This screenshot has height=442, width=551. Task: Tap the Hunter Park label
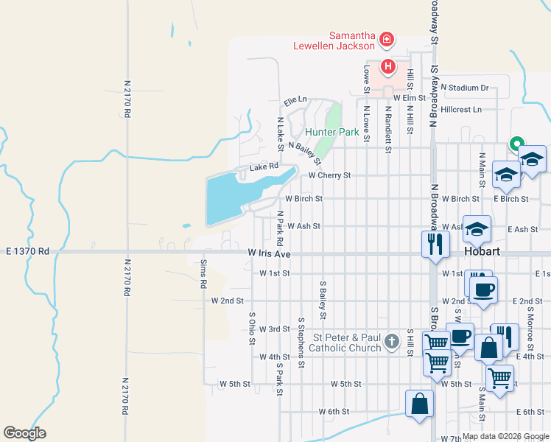[x=331, y=133]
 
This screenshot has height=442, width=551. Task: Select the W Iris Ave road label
[x=270, y=254]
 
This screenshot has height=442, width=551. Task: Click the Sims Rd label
[x=203, y=273]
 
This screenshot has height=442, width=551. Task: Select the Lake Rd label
[x=264, y=167]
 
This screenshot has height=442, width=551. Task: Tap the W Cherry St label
[x=329, y=176]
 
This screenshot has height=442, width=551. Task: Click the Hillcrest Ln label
[x=457, y=110]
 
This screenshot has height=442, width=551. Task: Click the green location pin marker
[x=517, y=144]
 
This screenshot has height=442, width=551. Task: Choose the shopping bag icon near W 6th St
[x=419, y=404]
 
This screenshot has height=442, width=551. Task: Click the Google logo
[x=24, y=433]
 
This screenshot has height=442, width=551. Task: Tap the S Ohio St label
[x=251, y=325]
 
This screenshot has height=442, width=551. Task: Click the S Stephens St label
[x=301, y=343]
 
